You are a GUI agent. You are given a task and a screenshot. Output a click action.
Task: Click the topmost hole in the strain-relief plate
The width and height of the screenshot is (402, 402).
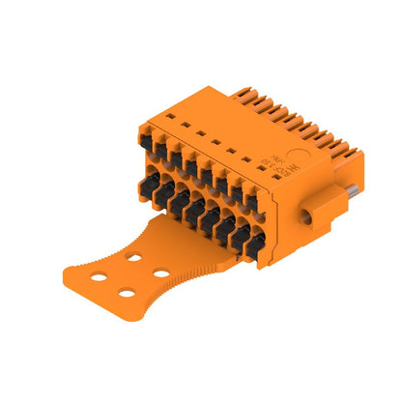pos(131,257)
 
